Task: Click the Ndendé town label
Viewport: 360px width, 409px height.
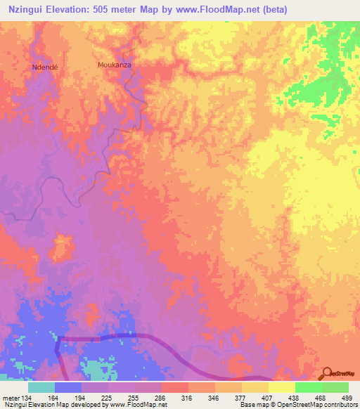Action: tap(44, 67)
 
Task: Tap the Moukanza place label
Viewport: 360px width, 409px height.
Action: tap(114, 65)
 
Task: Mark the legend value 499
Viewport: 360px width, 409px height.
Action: tap(347, 397)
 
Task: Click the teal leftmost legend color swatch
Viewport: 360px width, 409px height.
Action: tap(41, 387)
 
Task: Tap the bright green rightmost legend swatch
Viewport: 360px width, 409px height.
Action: tap(335, 387)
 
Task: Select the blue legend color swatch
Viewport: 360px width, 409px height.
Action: tap(68, 387)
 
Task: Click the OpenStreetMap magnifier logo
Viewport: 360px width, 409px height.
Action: tap(326, 372)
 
